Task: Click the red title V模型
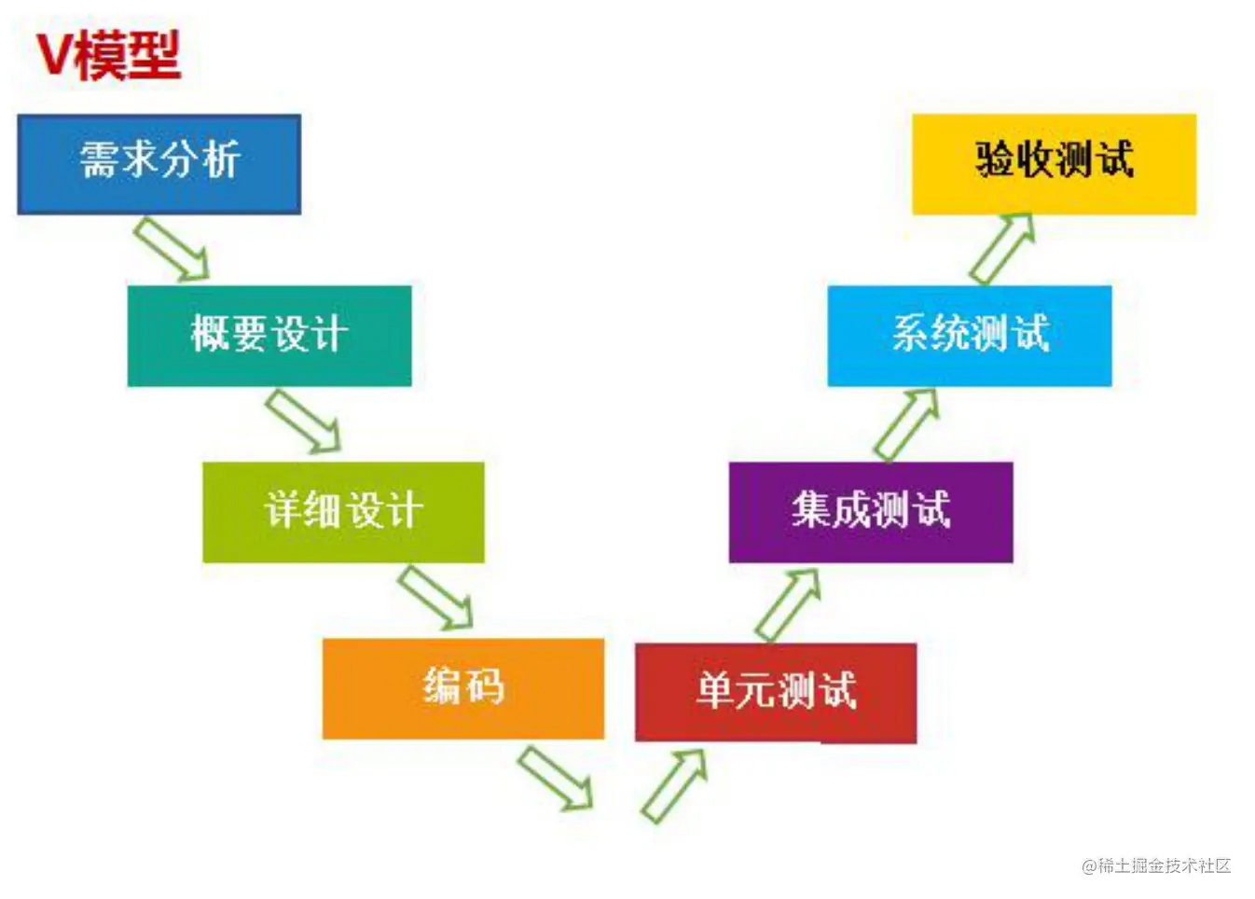pyautogui.click(x=108, y=55)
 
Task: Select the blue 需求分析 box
pyautogui.click(x=159, y=164)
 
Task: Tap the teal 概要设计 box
pyautogui.click(x=269, y=336)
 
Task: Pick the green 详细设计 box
pyautogui.click(x=343, y=512)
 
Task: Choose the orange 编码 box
pyautogui.click(x=463, y=688)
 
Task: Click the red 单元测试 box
pyautogui.click(x=776, y=692)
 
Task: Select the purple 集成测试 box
pyautogui.click(x=871, y=512)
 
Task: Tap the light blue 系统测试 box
pyautogui.click(x=970, y=336)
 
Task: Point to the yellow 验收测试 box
pyautogui.click(x=1054, y=164)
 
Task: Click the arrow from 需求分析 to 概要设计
pyautogui.click(x=172, y=249)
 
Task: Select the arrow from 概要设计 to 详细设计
pyautogui.click(x=304, y=422)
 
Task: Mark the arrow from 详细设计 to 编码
pyautogui.click(x=436, y=598)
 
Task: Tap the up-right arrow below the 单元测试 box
pyautogui.click(x=674, y=785)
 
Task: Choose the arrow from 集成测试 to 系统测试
pyautogui.click(x=906, y=424)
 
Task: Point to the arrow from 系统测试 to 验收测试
pyautogui.click(x=1002, y=249)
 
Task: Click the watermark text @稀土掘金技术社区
pyautogui.click(x=1156, y=865)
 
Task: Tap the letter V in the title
pyautogui.click(x=54, y=55)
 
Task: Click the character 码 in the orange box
pyautogui.click(x=485, y=688)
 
